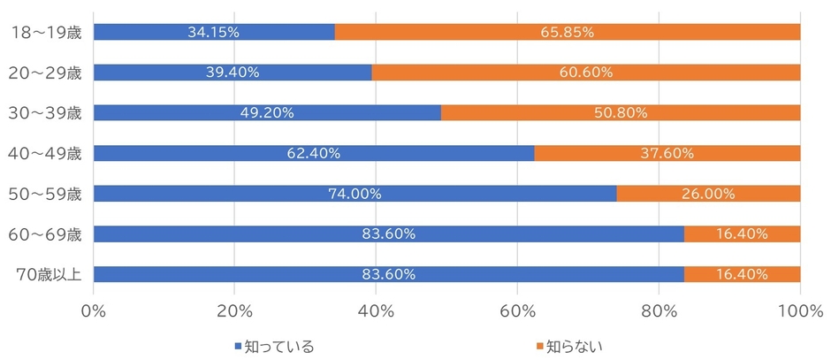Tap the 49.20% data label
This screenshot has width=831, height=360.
pyautogui.click(x=266, y=113)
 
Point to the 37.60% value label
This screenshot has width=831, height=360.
pyautogui.click(x=667, y=153)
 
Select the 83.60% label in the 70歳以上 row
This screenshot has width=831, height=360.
pyautogui.click(x=388, y=274)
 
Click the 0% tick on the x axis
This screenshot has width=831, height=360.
pyautogui.click(x=93, y=310)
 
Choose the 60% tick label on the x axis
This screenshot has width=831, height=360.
pyautogui.click(x=517, y=310)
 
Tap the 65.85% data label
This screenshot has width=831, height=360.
pyautogui.click(x=567, y=32)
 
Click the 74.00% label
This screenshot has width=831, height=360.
pyautogui.click(x=354, y=194)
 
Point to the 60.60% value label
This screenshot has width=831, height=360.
pyautogui.click(x=585, y=73)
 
